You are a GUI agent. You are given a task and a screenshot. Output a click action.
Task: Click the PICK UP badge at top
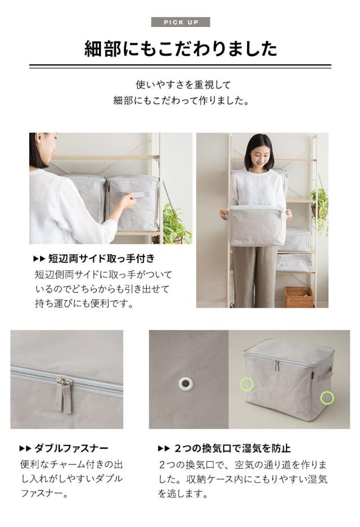(181, 22)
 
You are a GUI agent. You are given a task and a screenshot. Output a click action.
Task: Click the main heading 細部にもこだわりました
(181, 49)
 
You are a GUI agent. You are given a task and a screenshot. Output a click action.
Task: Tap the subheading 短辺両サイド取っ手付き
(101, 259)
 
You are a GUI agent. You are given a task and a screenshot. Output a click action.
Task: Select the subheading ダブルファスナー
(71, 448)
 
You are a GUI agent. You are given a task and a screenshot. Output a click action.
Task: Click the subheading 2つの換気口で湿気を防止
(231, 448)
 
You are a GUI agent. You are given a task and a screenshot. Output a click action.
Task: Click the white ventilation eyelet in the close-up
(186, 384)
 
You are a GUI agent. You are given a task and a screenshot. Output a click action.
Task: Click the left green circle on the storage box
(246, 384)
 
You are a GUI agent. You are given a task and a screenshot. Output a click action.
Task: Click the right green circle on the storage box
(327, 398)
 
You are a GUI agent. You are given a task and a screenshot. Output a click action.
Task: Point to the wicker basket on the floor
(299, 296)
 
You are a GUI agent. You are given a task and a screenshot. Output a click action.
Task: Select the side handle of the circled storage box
(326, 373)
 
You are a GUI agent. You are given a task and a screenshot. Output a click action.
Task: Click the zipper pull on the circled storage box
(276, 366)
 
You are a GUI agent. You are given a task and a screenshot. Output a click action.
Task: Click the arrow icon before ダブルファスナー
(24, 449)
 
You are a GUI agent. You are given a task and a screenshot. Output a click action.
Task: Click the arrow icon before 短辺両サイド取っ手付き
(38, 259)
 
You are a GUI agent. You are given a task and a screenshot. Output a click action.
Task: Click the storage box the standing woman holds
(256, 225)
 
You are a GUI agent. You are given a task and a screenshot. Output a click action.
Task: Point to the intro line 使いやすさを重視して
(183, 84)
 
